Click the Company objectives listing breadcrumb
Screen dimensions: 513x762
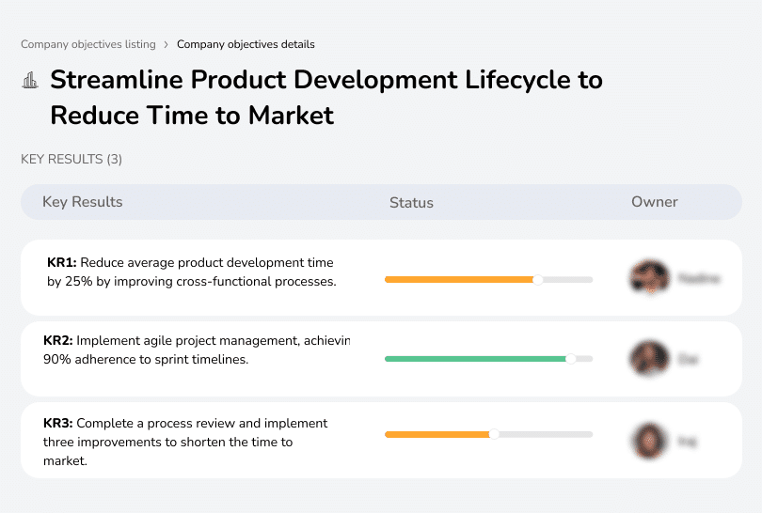click(x=87, y=44)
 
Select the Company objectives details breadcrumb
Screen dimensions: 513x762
click(x=246, y=44)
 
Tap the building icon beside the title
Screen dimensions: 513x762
click(x=30, y=80)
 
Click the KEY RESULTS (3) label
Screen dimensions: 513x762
click(x=71, y=160)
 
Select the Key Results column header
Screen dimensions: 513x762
click(x=83, y=202)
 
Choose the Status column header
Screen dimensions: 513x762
click(x=411, y=202)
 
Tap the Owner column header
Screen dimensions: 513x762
click(x=655, y=202)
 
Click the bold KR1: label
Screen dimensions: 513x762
click(x=61, y=263)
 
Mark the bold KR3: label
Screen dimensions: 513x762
click(x=58, y=424)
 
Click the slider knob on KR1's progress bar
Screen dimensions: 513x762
click(x=538, y=279)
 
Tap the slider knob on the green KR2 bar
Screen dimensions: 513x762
click(x=570, y=359)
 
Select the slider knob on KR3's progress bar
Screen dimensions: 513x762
click(x=494, y=434)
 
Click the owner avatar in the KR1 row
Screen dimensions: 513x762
click(x=648, y=278)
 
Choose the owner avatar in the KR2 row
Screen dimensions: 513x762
click(x=648, y=358)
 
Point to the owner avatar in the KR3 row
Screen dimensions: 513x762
click(x=648, y=440)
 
